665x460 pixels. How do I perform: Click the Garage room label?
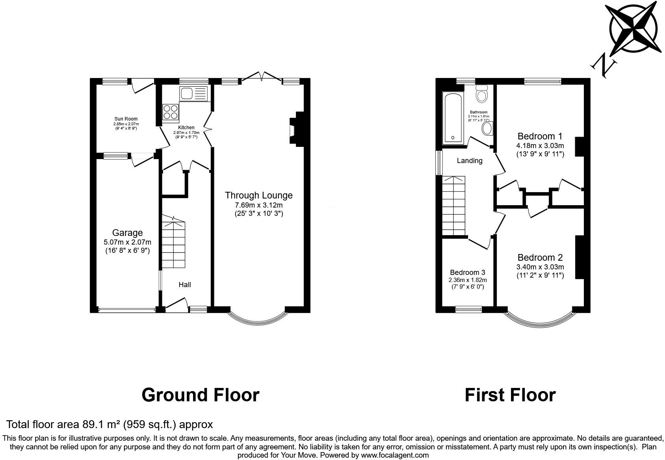pos(127,233)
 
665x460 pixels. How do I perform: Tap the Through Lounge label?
pos(258,195)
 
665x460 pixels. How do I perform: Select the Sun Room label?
pos(126,119)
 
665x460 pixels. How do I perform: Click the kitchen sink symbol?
pos(193,94)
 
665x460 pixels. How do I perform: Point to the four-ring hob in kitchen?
pos(171,111)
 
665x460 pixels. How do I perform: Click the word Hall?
pos(185,284)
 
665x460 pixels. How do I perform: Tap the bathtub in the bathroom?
pos(453,118)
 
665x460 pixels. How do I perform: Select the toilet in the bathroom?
pos(481,94)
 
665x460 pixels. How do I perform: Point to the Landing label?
pos(469,161)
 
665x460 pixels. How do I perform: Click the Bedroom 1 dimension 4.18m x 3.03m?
pos(540,146)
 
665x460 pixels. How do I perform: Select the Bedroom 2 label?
pos(540,258)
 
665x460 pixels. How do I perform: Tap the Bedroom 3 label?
pos(467,273)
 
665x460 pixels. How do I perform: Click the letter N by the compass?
pos(603,65)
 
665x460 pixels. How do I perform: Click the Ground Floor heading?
pos(200,395)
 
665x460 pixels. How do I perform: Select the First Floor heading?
pos(510,395)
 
